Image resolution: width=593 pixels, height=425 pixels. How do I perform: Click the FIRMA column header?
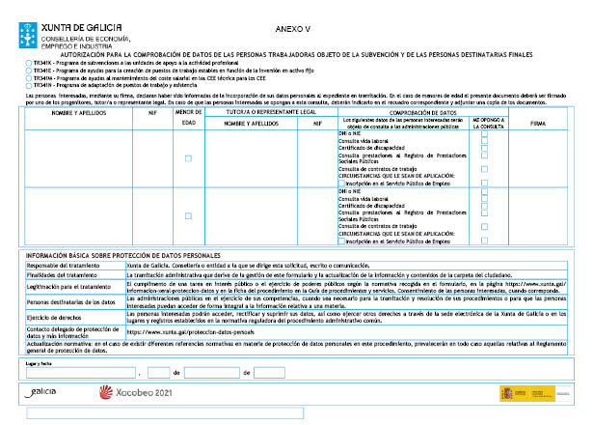point(538,125)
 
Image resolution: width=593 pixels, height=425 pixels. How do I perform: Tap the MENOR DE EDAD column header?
point(188,118)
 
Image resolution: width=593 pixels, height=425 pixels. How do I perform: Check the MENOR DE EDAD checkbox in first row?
point(188,157)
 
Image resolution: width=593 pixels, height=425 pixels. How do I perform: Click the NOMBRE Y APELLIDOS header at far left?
point(76,113)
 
